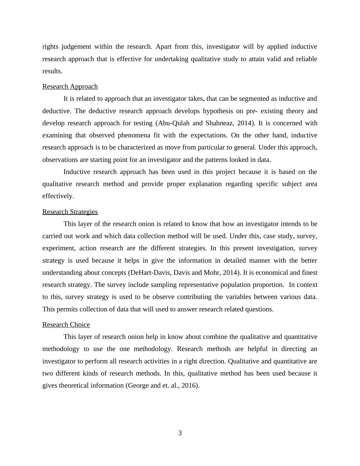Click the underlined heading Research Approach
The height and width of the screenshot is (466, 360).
70,87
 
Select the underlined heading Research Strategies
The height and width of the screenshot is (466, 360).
70,212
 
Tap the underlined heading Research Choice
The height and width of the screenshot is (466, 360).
66,325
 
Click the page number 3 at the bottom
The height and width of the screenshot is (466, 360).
180,433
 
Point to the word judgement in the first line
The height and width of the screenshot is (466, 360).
76,47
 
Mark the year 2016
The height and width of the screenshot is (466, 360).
189,386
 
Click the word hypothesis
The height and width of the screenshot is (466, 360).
217,111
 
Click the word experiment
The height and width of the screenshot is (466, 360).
59,248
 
